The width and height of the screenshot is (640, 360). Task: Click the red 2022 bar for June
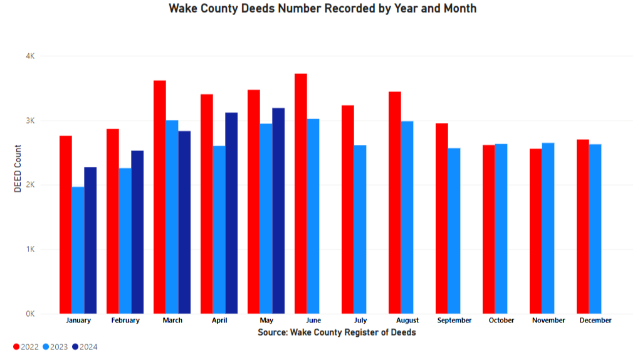(x=300, y=194)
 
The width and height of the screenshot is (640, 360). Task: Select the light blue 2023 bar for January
(x=78, y=250)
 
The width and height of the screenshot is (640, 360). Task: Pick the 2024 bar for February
(x=137, y=232)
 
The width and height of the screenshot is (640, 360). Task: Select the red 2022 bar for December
(x=583, y=226)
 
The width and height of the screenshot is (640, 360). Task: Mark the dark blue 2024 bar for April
(x=231, y=213)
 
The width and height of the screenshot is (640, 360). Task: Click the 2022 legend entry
(x=26, y=347)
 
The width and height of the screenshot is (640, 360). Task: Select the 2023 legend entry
(x=56, y=347)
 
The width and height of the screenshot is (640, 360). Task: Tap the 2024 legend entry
(x=85, y=347)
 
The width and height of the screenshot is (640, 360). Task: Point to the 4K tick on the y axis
(x=30, y=56)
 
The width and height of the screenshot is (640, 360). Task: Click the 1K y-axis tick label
(x=30, y=250)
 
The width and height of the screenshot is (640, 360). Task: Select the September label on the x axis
(x=454, y=320)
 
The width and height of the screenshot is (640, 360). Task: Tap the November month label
(x=548, y=320)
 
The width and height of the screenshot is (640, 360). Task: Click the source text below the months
(x=337, y=332)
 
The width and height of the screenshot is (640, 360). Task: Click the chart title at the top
(x=322, y=9)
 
